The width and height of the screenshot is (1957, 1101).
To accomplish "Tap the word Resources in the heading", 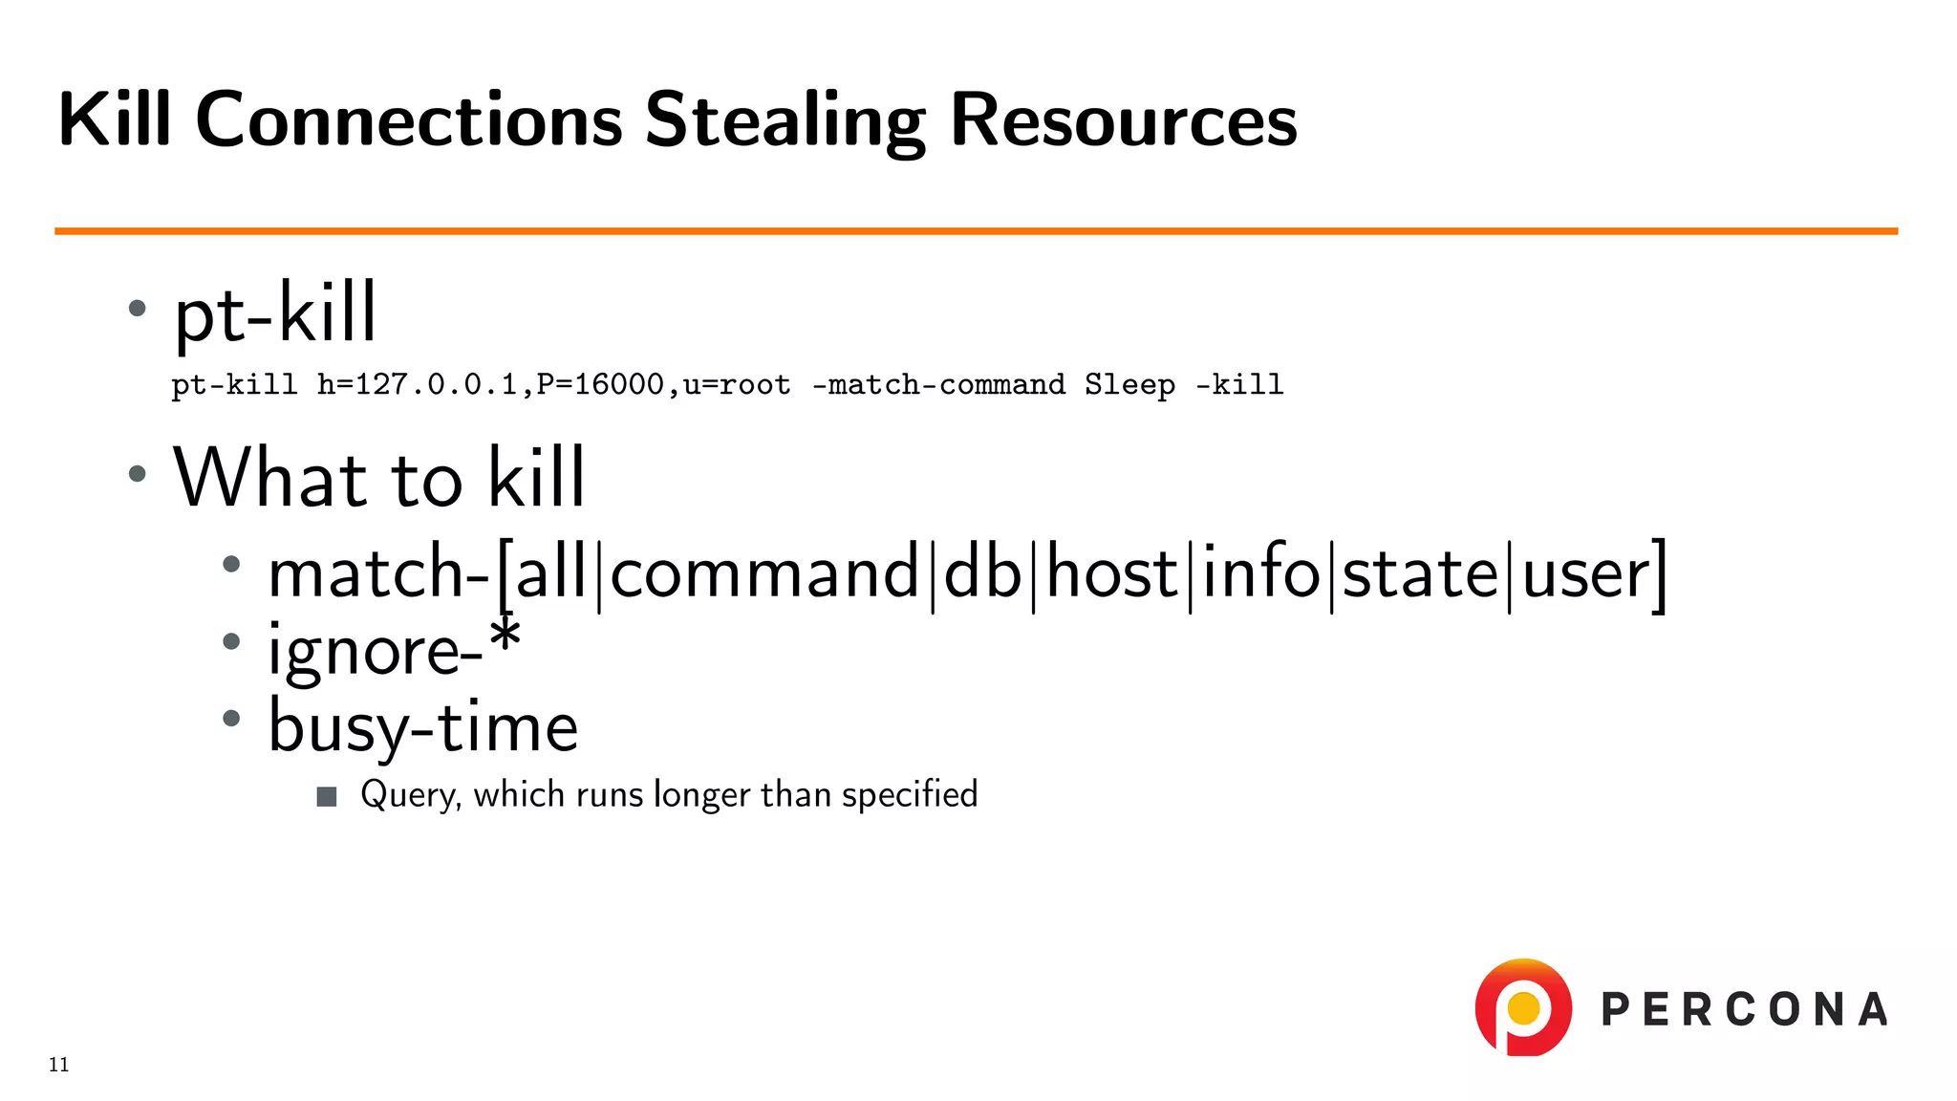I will click(x=1123, y=120).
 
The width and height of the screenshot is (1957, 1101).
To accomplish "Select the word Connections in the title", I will click(x=409, y=120).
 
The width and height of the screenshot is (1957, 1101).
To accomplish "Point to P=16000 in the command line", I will click(x=600, y=385).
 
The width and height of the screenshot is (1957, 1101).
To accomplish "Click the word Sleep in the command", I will click(x=1129, y=385).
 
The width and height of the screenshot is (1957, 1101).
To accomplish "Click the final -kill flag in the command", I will click(x=1239, y=385).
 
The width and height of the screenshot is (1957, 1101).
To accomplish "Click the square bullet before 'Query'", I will click(x=327, y=796).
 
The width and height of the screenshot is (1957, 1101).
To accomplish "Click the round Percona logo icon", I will click(x=1523, y=1007).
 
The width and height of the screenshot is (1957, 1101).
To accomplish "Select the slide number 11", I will click(x=59, y=1065).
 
